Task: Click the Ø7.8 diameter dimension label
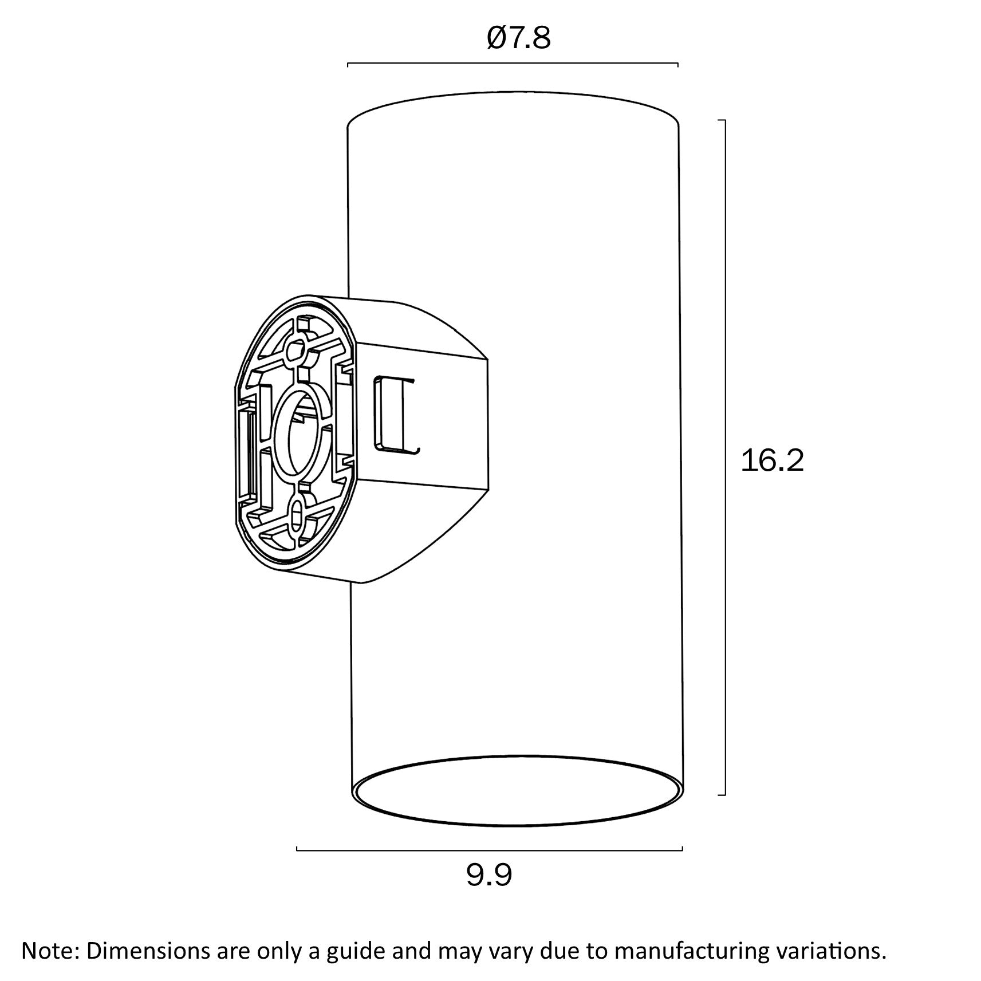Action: click(x=518, y=38)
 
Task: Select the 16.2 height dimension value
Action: click(x=772, y=460)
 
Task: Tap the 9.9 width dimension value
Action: click(x=488, y=875)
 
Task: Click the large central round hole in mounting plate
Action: click(x=302, y=435)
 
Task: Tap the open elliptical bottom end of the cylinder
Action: click(x=518, y=791)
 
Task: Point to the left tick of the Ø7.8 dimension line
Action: click(x=348, y=64)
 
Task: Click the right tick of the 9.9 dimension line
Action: click(x=682, y=849)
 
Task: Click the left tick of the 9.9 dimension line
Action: click(x=297, y=849)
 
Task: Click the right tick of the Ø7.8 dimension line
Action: click(x=678, y=64)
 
